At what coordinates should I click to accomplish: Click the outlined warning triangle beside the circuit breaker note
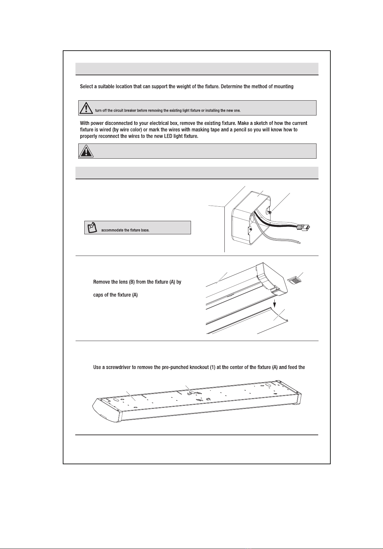[86, 108]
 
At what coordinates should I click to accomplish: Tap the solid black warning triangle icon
[86, 151]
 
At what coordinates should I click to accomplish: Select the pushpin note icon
[92, 228]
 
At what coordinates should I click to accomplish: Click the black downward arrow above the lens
[275, 304]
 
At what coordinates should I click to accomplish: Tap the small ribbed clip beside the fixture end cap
[294, 280]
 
